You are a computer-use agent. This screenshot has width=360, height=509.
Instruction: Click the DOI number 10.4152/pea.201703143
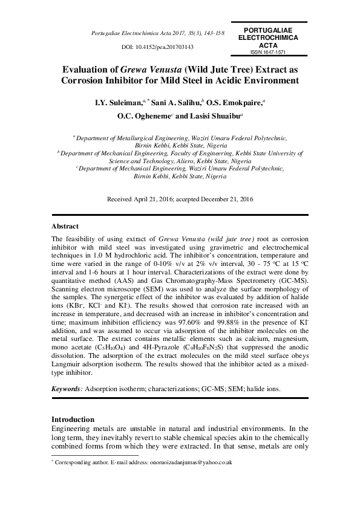tap(165, 47)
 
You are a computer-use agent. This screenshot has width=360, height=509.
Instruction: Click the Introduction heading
tap(73, 419)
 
